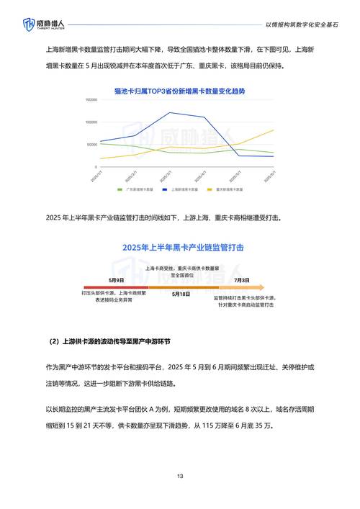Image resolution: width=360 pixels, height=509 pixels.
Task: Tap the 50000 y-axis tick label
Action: [x=91, y=145]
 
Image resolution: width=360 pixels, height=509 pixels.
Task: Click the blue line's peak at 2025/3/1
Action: [x=170, y=112]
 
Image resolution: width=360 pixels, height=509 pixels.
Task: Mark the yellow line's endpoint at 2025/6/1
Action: [x=274, y=130]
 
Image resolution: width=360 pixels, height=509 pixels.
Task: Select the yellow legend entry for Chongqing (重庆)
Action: [x=225, y=189]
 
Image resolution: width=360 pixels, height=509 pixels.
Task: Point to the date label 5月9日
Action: [x=117, y=279]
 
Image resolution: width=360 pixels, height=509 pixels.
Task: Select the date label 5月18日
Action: [x=181, y=294]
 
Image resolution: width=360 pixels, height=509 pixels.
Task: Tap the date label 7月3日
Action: [x=243, y=279]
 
